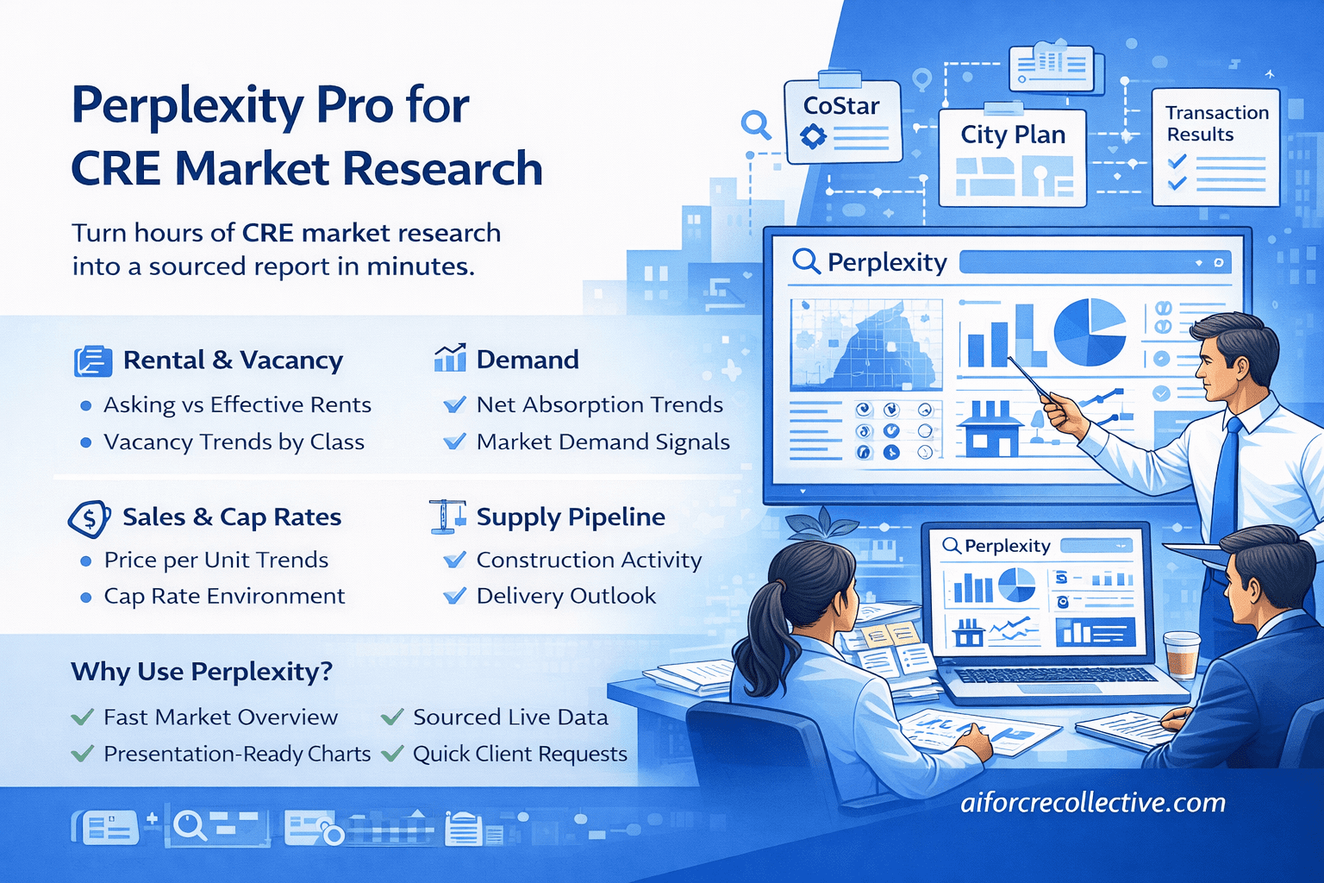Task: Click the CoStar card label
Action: point(840,106)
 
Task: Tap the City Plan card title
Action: point(1013,135)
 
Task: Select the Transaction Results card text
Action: point(1216,123)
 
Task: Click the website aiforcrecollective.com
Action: point(1093,802)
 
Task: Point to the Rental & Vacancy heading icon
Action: point(93,360)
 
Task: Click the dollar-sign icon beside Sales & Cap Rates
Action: point(89,518)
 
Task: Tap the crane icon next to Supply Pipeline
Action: point(447,517)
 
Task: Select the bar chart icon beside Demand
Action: point(450,358)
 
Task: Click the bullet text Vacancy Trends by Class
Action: point(234,442)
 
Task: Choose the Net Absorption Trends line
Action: point(599,404)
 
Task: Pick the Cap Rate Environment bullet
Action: point(224,596)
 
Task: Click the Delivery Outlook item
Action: point(565,596)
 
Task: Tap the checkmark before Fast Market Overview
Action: point(83,717)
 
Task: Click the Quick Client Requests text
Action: point(520,754)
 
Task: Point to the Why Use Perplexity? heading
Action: point(202,672)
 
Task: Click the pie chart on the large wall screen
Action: point(1090,332)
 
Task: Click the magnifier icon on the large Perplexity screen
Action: point(806,260)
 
